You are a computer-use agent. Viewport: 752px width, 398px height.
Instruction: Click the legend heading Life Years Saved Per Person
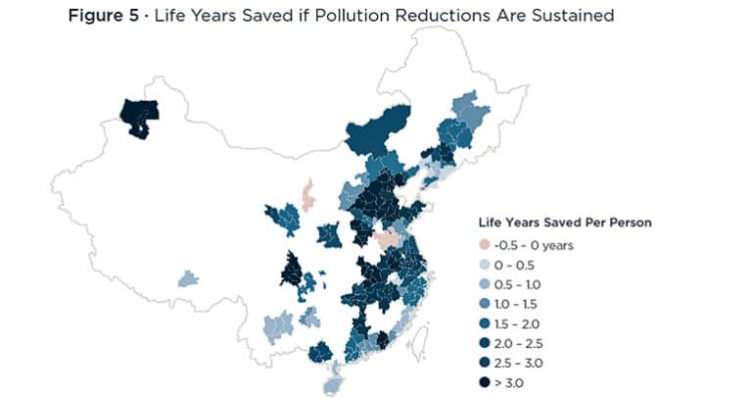point(564,223)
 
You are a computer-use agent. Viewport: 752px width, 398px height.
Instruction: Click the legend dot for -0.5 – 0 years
point(483,245)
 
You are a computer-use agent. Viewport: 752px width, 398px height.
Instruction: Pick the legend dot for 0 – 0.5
point(483,265)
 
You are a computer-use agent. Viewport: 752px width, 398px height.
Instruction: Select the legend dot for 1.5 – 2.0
point(483,323)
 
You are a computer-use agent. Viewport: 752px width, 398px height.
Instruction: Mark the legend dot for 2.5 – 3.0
point(483,363)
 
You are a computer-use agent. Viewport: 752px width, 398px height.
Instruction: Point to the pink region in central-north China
point(307,195)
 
